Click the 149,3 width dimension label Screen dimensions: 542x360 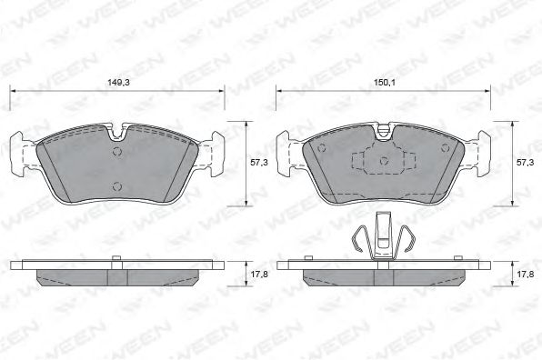click(118, 83)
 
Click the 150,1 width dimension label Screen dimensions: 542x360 click(385, 83)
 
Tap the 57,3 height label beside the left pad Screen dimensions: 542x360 click(259, 163)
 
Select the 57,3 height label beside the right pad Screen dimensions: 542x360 click(526, 163)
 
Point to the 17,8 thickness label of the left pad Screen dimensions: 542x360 click(259, 275)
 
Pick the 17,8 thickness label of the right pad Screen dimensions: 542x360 click(526, 275)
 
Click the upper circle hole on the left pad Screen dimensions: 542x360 click(117, 152)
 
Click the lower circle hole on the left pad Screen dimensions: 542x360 click(117, 186)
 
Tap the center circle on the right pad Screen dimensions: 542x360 click(384, 161)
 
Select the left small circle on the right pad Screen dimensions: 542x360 click(322, 148)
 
